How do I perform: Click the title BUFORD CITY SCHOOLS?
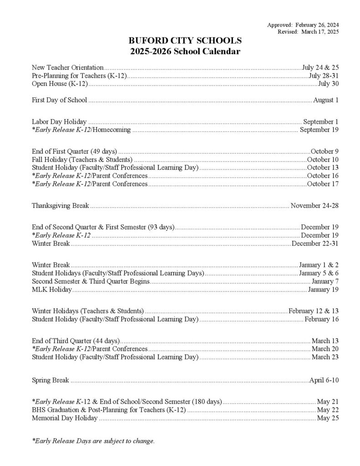184,41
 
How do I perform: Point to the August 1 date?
326,100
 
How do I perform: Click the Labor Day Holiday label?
59,122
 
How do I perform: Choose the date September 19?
319,130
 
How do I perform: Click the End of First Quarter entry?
75,151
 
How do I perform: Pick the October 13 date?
323,167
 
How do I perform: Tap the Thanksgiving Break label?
60,206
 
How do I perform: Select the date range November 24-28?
314,206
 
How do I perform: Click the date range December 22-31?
315,243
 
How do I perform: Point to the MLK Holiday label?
51,289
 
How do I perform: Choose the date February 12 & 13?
314,311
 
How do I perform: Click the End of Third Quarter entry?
76,341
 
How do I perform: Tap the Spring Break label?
50,380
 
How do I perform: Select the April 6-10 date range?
324,380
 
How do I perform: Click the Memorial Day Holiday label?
65,418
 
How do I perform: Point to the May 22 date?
328,410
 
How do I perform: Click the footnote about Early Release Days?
93,441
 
